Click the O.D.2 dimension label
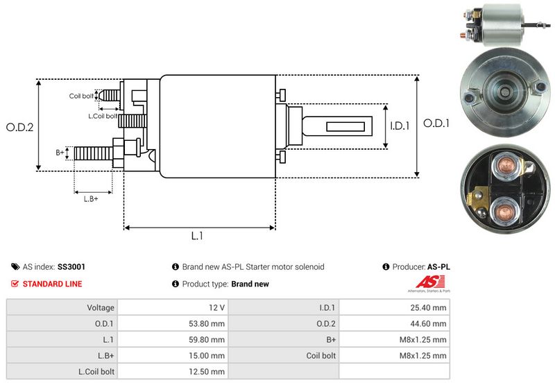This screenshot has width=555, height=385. click(20, 127)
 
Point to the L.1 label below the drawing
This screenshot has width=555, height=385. click(197, 236)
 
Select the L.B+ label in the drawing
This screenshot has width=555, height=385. click(91, 199)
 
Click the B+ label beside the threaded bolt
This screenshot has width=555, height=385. click(60, 152)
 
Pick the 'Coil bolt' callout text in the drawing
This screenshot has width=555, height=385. click(81, 96)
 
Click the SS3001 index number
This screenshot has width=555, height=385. click(71, 266)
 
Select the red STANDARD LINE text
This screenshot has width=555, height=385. click(52, 284)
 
